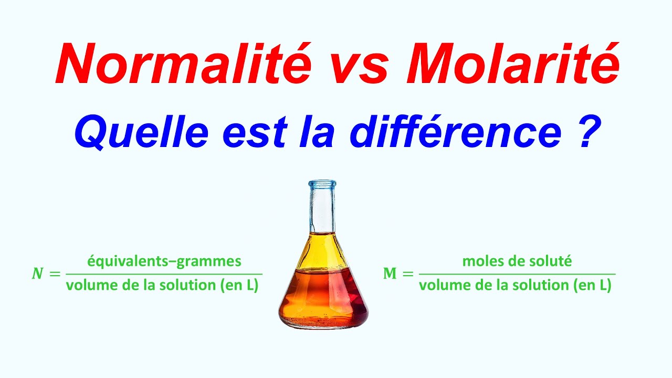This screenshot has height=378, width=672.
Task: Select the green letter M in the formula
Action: pyautogui.click(x=390, y=274)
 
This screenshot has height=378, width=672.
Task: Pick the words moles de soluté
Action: pyautogui.click(x=517, y=261)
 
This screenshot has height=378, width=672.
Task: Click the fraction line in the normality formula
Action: pyautogui.click(x=162, y=274)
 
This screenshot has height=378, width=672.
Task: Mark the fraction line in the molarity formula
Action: pyautogui.click(x=517, y=274)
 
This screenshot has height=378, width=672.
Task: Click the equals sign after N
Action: pyautogui.click(x=54, y=274)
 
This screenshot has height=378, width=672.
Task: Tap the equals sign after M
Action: pyautogui.click(x=408, y=274)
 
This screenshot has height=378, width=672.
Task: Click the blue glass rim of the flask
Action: pyautogui.click(x=322, y=184)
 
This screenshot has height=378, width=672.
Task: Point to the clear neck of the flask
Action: pyautogui.click(x=322, y=210)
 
